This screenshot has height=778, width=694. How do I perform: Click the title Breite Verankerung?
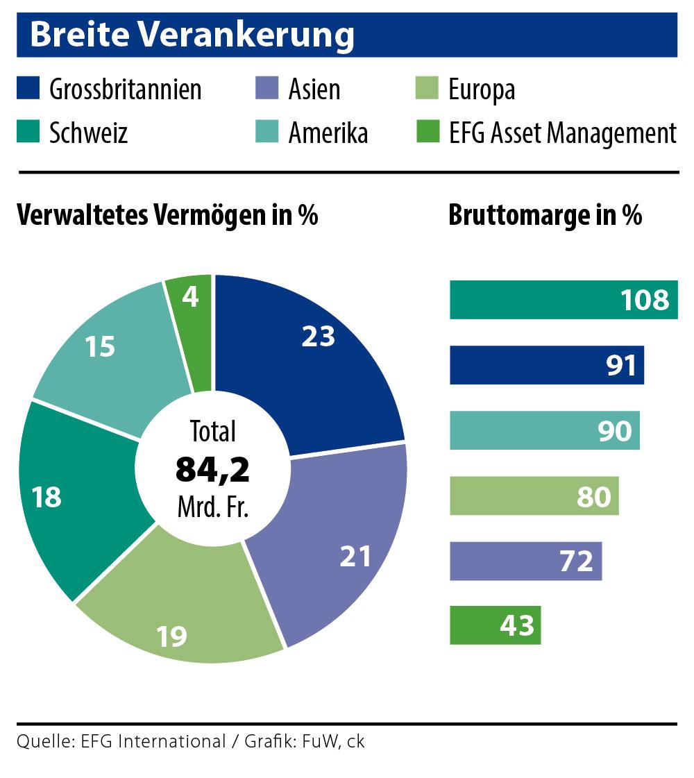(x=192, y=35)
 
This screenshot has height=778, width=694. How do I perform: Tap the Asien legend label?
(x=314, y=90)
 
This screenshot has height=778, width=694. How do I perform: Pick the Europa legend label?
(x=481, y=90)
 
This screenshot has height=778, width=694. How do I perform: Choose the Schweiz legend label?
(x=88, y=132)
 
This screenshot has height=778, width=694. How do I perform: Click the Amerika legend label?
(x=328, y=132)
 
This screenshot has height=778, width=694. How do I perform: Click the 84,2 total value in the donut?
(x=212, y=469)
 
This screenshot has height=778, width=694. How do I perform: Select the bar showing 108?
(x=563, y=300)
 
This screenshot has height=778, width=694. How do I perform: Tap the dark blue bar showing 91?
(x=546, y=365)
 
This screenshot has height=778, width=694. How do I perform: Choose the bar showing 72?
(x=525, y=561)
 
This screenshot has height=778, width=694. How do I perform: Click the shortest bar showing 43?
(x=495, y=625)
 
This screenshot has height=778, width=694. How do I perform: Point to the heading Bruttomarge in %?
(x=545, y=215)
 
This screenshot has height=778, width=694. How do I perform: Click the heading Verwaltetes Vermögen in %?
(x=167, y=215)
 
